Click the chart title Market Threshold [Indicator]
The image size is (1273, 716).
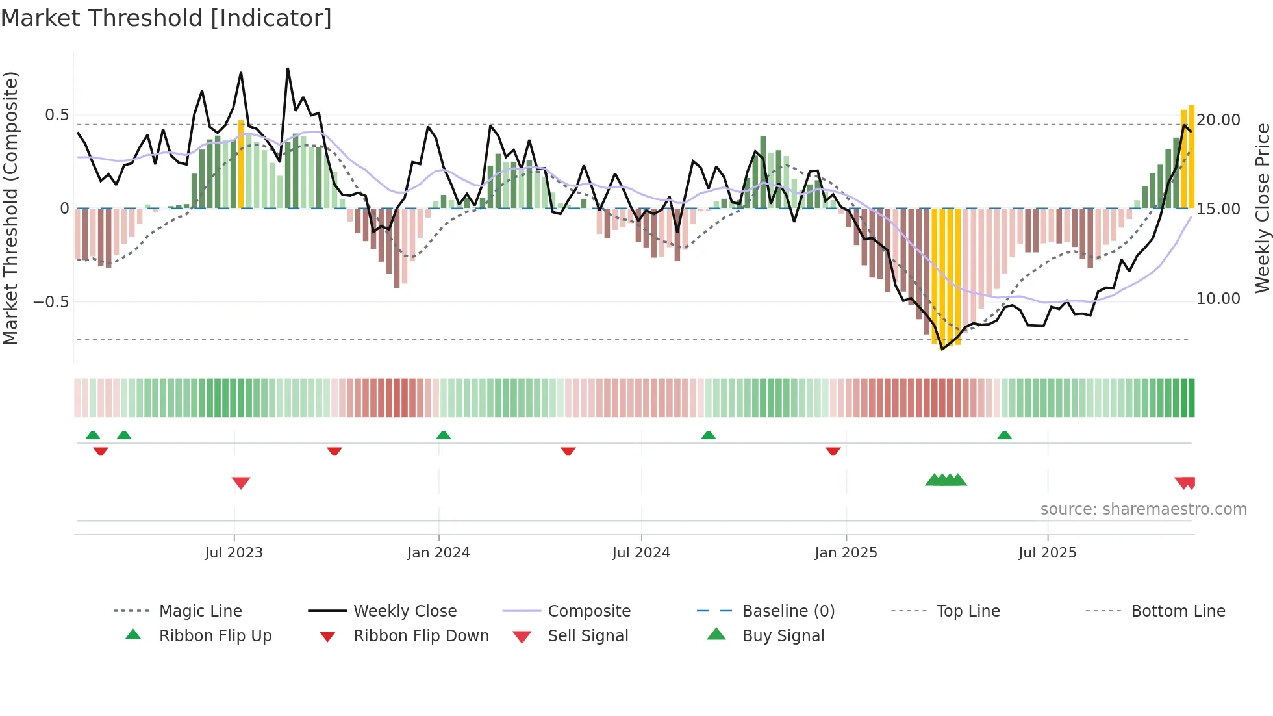coord(166,18)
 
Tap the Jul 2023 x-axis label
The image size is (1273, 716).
coord(234,553)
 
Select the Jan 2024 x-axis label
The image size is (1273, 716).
coord(438,553)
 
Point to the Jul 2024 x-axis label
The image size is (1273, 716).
coord(641,553)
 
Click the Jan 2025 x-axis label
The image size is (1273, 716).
coord(846,553)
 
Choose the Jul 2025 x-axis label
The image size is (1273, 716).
coord(1048,553)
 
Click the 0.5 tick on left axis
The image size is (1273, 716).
coord(57,116)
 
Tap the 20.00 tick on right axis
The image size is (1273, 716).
coord(1218,120)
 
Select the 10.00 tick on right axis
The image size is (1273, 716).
coord(1218,299)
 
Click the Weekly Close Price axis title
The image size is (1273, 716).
coord(1262,208)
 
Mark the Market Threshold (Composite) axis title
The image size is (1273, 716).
coord(10,208)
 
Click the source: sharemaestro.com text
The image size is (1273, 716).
coord(1143,509)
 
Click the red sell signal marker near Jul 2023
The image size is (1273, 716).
coord(241,483)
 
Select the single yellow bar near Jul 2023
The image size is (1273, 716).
coord(241,164)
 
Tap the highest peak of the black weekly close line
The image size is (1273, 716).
coord(288,69)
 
